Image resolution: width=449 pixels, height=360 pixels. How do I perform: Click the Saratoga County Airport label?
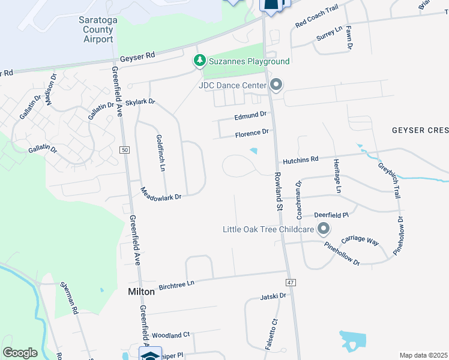coord(96,29)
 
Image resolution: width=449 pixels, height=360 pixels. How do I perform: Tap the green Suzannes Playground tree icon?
coord(199,61)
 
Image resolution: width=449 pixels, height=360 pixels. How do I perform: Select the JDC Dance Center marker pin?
coord(276,85)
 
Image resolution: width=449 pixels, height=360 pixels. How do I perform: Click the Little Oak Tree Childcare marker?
coord(324,229)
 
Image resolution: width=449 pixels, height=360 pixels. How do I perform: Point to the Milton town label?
coord(142,292)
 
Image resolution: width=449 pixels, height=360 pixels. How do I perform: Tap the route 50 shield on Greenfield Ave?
coord(125,149)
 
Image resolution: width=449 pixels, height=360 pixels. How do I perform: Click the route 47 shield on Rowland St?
coord(290,282)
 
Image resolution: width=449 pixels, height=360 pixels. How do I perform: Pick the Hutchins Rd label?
coord(301,160)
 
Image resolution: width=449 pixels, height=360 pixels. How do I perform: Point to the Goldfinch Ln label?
coord(160,153)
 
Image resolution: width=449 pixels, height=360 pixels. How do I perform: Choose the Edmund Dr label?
coord(250,115)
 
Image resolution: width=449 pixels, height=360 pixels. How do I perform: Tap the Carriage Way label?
coord(360,240)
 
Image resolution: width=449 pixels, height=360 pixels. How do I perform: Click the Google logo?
coord(20,353)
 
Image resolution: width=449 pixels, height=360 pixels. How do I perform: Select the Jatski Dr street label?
coord(274,296)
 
